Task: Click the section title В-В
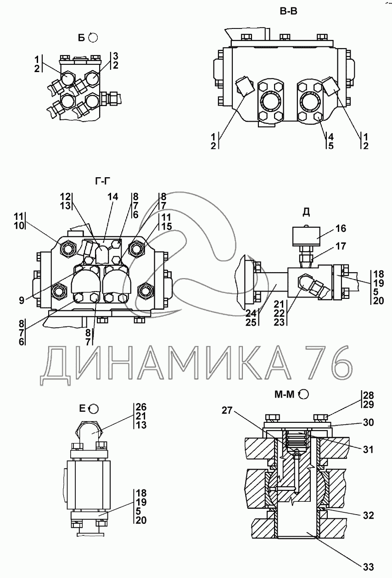[x=288, y=12]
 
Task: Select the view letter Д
[x=306, y=212]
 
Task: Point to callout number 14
[x=112, y=197]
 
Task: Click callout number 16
[x=341, y=228]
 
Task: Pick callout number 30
[x=368, y=422]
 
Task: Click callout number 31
[x=368, y=450]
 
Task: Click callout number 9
[x=22, y=302]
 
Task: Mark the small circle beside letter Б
[x=93, y=38]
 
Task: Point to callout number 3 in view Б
[x=116, y=56]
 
